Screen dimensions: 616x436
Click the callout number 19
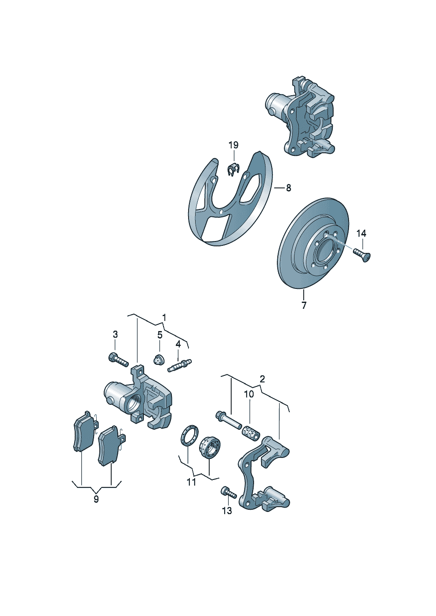coord(233,145)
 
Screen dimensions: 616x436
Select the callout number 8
coord(288,188)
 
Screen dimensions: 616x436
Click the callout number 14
coord(361,233)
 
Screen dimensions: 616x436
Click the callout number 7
coord(304,305)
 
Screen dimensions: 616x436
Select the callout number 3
coord(115,334)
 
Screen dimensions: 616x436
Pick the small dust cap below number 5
coord(159,360)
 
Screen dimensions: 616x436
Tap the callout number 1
coord(164,317)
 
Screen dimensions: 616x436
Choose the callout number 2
coord(262,378)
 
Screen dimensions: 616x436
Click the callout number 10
coord(249,394)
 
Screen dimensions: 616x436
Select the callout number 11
coord(191,482)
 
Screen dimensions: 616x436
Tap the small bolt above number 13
coord(229,493)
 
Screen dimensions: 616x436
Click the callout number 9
coord(96,499)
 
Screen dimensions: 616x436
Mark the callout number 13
coord(227,511)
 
